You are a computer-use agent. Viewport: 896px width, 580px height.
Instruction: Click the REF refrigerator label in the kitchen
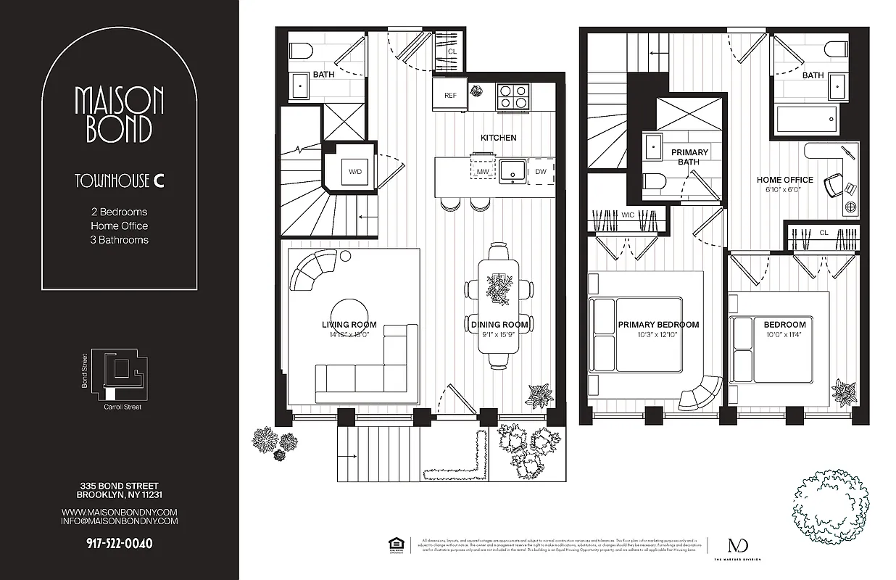(450, 95)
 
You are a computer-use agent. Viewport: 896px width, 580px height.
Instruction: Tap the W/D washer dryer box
(355, 172)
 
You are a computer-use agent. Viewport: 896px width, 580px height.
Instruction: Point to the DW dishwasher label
(541, 172)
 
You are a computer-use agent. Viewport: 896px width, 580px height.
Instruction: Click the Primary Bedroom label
(658, 324)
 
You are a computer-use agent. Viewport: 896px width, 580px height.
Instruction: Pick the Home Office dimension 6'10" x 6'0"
(785, 189)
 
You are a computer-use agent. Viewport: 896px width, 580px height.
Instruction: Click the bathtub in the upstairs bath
(806, 117)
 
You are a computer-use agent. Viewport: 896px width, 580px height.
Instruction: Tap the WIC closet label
(629, 215)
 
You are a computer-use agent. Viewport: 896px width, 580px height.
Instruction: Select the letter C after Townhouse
(158, 181)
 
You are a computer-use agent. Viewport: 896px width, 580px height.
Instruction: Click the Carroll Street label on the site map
(123, 407)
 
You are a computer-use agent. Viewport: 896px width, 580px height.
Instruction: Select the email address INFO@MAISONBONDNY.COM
(120, 521)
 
